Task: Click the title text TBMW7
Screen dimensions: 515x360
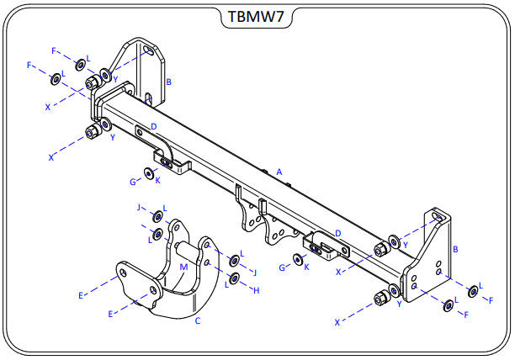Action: pyautogui.click(x=256, y=17)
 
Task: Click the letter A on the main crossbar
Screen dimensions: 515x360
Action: pyautogui.click(x=279, y=172)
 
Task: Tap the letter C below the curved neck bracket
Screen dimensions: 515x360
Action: pyautogui.click(x=198, y=320)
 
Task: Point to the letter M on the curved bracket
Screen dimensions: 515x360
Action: pyautogui.click(x=183, y=267)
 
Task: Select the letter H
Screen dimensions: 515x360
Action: pyautogui.click(x=257, y=290)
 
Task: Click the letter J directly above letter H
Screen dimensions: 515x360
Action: pyautogui.click(x=254, y=272)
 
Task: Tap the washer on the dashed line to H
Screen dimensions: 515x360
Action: pyautogui.click(x=235, y=278)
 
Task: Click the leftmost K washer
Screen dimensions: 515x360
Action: pyautogui.click(x=149, y=172)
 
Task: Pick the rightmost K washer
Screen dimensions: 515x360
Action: pyautogui.click(x=298, y=260)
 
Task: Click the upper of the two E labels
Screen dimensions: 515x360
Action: pyautogui.click(x=81, y=296)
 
